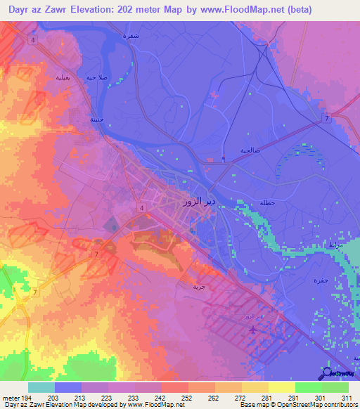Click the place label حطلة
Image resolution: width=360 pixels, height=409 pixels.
coord(268,203)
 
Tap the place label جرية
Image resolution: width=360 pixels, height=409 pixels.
coord(200,287)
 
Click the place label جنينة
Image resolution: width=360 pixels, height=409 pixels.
coord(96,119)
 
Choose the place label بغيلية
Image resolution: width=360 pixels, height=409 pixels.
coord(57,78)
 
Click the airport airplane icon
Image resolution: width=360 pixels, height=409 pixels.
coord(253,327)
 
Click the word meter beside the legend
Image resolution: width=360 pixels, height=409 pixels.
coord(11,398)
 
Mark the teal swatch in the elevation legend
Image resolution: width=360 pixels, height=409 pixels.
coord(41,387)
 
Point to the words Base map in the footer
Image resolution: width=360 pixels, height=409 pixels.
coord(250,405)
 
